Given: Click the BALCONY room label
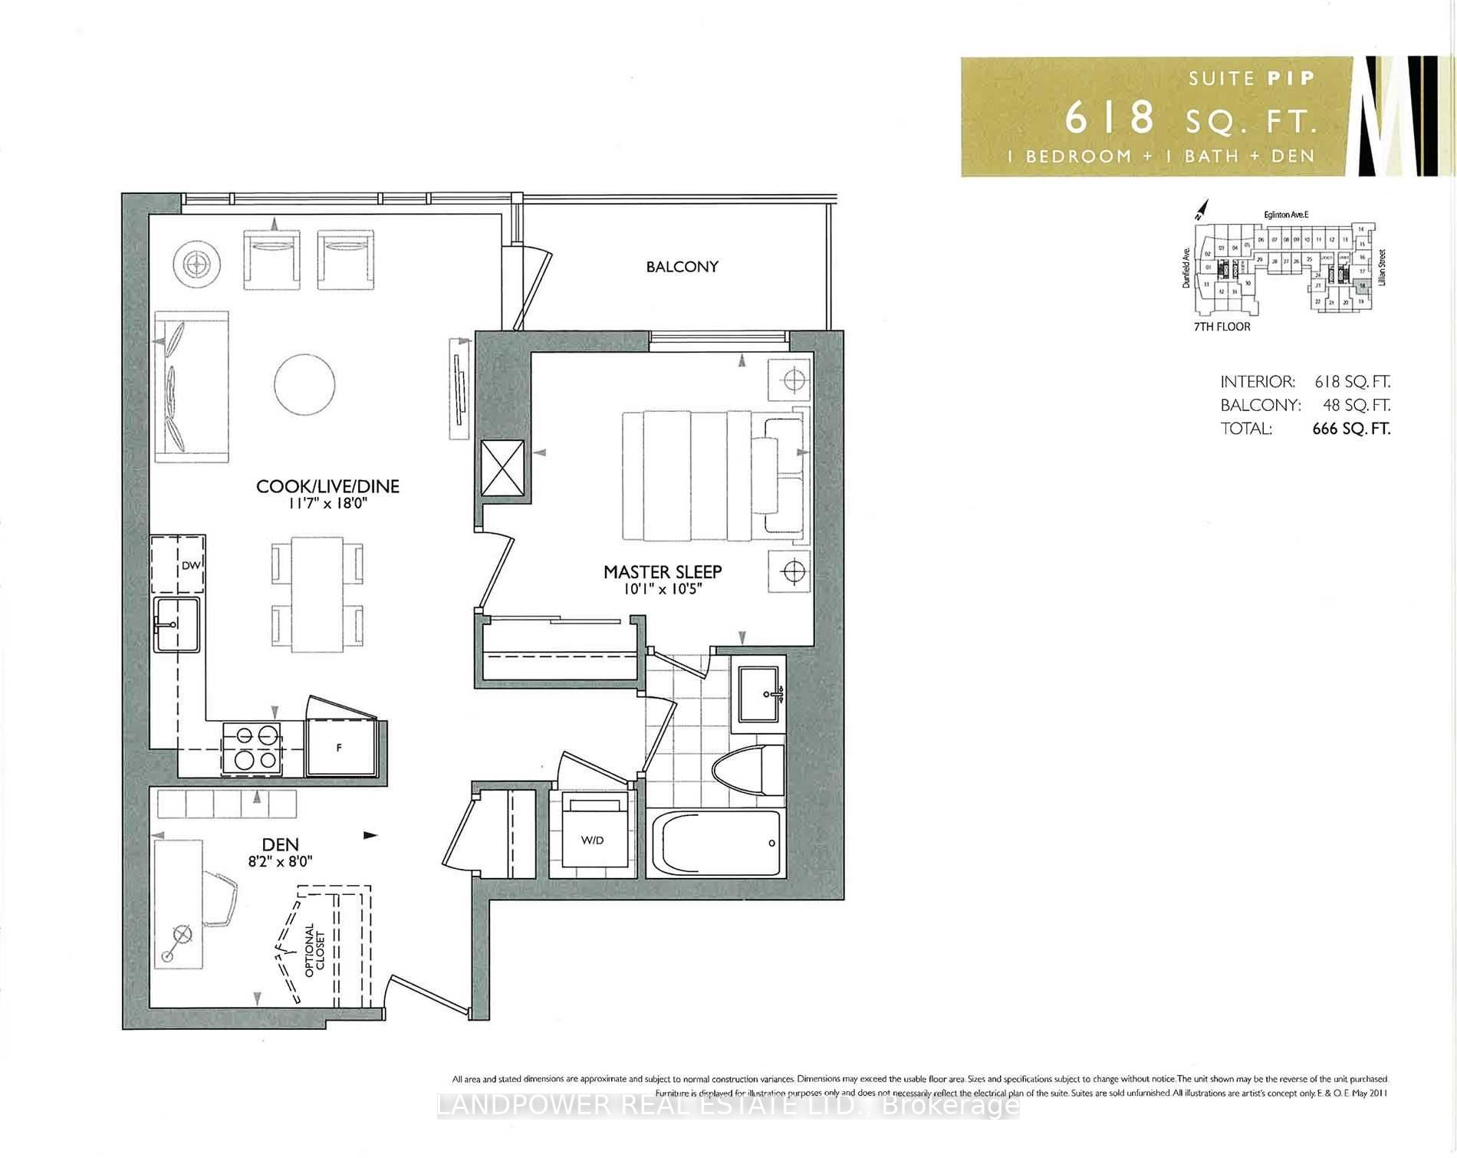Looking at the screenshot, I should [682, 267].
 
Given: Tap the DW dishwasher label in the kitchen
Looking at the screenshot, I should [190, 566].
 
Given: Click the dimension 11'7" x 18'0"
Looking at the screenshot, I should [327, 504].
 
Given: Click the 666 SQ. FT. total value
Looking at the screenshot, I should [1350, 429].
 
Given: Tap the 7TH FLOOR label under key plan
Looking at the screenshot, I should [1222, 327].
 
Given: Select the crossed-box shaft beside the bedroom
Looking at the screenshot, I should [502, 470].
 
